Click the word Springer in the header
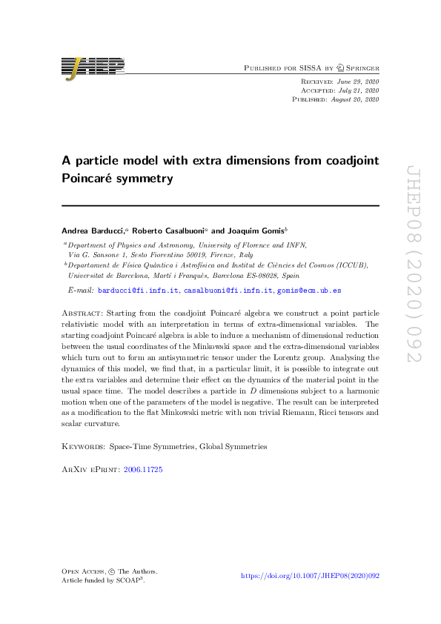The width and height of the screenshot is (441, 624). tap(359, 68)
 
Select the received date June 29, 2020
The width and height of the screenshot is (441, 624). tap(359, 80)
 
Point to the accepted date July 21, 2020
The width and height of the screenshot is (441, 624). tap(359, 89)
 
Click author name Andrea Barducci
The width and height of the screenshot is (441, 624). tap(93, 230)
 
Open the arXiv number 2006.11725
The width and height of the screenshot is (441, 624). tap(143, 470)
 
